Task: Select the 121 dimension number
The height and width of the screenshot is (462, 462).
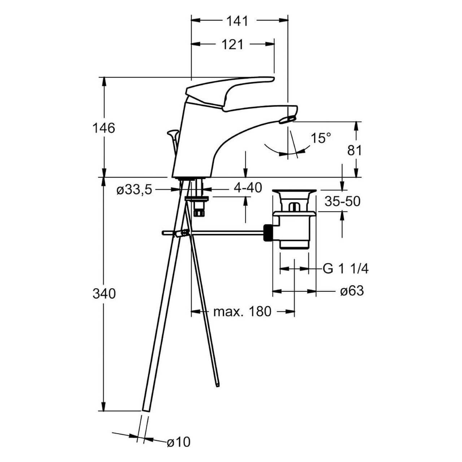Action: click(x=232, y=45)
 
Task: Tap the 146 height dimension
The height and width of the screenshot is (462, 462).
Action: click(x=104, y=128)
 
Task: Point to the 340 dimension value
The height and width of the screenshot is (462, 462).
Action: click(x=104, y=294)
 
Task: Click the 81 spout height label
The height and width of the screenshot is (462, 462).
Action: click(x=354, y=151)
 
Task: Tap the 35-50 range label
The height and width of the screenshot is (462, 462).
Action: click(x=343, y=201)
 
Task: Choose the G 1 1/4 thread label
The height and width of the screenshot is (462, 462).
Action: click(x=345, y=269)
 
